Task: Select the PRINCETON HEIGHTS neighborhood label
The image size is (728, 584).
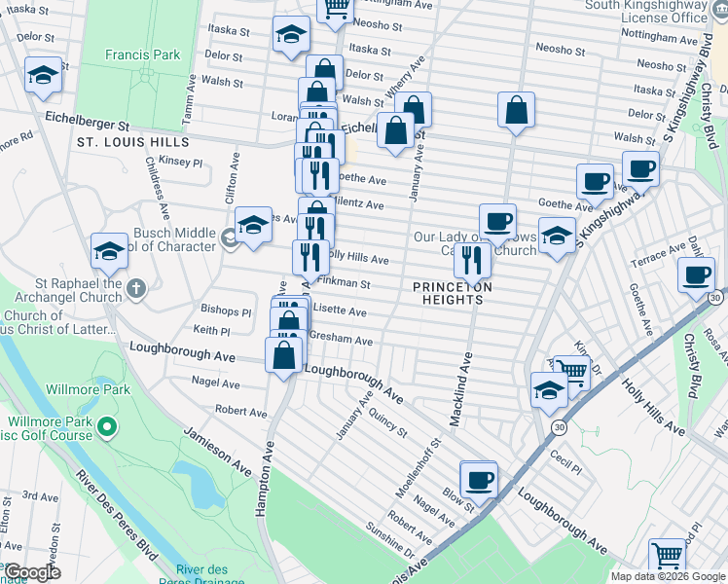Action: coord(453,293)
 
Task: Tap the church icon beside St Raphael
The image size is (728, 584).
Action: coord(136,288)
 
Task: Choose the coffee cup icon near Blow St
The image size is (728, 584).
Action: coord(478,479)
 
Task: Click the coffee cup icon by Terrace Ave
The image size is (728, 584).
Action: coord(697,274)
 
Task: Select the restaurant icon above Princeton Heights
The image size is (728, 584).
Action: coord(472,261)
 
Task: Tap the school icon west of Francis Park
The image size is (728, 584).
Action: coord(43,75)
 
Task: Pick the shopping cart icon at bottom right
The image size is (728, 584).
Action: coord(668,555)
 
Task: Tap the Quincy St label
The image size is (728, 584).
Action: coord(387,421)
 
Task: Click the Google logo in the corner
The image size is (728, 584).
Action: coord(32,571)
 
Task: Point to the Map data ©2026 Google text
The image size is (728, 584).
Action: coord(668,576)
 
